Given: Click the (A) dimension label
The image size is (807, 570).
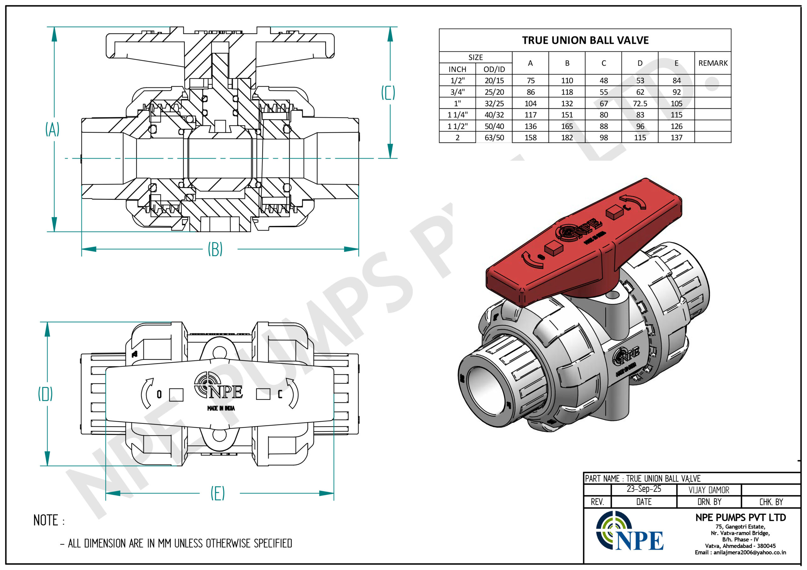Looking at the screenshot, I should pos(52,129).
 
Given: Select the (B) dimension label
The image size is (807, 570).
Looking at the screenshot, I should pos(215,249).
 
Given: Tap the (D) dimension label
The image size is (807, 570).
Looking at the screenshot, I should pos(45,394).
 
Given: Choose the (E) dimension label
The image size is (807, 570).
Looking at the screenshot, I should pos(218,493).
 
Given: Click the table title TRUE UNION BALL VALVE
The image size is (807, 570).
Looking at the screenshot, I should pos(585,40).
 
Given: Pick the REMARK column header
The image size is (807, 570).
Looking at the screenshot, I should pos(713,63).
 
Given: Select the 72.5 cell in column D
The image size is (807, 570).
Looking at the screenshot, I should pos(640,104).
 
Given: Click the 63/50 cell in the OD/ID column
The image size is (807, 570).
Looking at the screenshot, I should pos(494,138).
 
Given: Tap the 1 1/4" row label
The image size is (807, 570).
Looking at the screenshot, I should pos(458,115).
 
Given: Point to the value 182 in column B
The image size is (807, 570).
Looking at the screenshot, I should pos(567,138).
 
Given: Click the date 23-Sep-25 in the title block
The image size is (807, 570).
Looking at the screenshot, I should pos(644,489).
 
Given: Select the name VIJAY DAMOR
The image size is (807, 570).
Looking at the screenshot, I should pos(709,490).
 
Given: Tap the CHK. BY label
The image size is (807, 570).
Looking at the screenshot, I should pos(771,502).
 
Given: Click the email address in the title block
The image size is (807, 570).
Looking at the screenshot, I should pos(740,552).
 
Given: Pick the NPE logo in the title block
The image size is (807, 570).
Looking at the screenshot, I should pos(629,531).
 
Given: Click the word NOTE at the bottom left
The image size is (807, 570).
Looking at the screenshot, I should pos(46,521).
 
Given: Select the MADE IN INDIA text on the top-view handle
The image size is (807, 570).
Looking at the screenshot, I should pos(221,408).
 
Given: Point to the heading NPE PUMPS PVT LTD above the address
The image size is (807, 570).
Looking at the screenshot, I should pos(740,517).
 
